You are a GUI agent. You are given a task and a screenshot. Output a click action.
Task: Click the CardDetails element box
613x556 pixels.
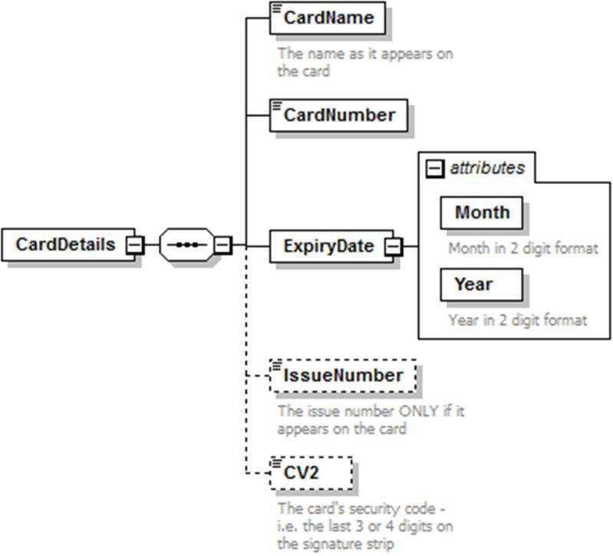click(67, 245)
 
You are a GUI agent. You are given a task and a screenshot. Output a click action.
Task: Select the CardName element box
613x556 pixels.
click(328, 18)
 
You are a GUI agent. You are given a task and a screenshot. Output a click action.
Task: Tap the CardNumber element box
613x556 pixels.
click(338, 115)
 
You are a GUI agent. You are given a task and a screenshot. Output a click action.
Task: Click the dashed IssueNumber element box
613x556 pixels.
click(342, 376)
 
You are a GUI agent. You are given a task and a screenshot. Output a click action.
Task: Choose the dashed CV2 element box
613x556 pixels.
click(311, 472)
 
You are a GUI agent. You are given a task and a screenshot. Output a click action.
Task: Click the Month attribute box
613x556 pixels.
click(481, 212)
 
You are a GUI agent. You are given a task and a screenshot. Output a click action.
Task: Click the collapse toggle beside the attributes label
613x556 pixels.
click(435, 169)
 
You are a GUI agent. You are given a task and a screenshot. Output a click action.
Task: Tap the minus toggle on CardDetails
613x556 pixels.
click(134, 245)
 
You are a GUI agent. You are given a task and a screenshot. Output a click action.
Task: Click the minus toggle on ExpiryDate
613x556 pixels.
click(393, 246)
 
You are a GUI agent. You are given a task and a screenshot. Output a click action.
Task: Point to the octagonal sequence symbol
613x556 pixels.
click(186, 245)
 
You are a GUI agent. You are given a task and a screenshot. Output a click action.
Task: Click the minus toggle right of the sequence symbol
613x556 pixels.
click(222, 245)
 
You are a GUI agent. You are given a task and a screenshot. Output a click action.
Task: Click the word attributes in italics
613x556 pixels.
click(487, 168)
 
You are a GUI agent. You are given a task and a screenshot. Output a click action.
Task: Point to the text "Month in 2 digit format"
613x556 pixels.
click(522, 248)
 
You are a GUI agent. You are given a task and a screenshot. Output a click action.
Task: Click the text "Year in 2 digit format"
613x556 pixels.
click(518, 320)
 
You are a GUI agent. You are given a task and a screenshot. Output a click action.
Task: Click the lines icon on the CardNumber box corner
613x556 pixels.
click(277, 104)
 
